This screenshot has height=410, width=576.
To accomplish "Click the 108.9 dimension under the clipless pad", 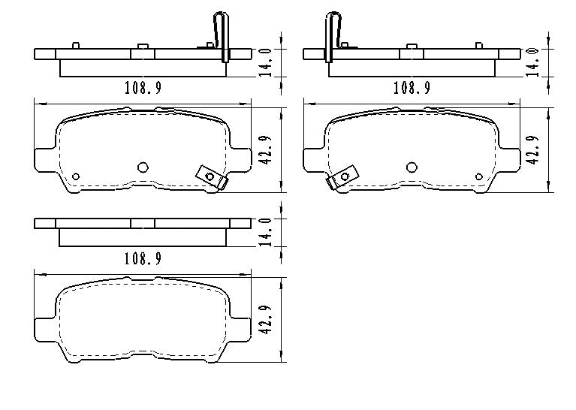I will pos(143,258).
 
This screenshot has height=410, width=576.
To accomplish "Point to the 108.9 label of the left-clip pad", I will pos(412,88).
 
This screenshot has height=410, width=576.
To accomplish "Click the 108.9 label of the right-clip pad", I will pos(143,88).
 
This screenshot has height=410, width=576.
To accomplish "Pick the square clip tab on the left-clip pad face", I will pos(343,177).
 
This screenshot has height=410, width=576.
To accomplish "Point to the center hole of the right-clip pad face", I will pos(143,167).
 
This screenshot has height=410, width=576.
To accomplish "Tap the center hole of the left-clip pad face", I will pos(412,167).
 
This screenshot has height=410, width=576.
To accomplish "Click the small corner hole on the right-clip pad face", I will pos(76,176).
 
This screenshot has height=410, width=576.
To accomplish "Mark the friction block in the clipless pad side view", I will pos(143,237).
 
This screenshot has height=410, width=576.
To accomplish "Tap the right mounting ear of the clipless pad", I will pos(241,327).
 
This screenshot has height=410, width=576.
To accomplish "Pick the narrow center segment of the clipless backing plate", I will pos(143,223).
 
